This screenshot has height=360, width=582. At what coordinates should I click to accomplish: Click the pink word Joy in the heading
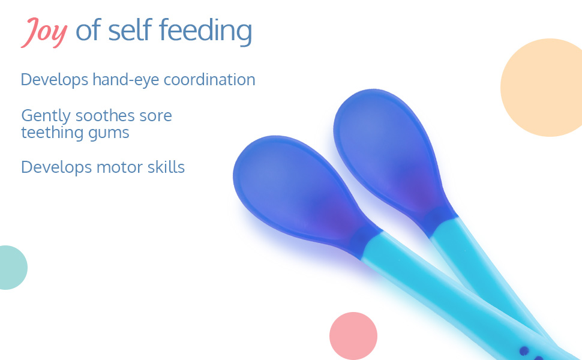point(44,32)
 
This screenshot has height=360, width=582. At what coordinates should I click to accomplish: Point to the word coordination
point(209,79)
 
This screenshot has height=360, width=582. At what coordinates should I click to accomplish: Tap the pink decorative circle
point(353,336)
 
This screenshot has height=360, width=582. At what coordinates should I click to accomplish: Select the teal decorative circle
point(13,268)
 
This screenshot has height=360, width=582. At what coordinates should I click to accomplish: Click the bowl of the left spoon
point(293,187)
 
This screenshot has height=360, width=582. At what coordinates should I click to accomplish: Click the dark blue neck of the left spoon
point(365,241)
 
